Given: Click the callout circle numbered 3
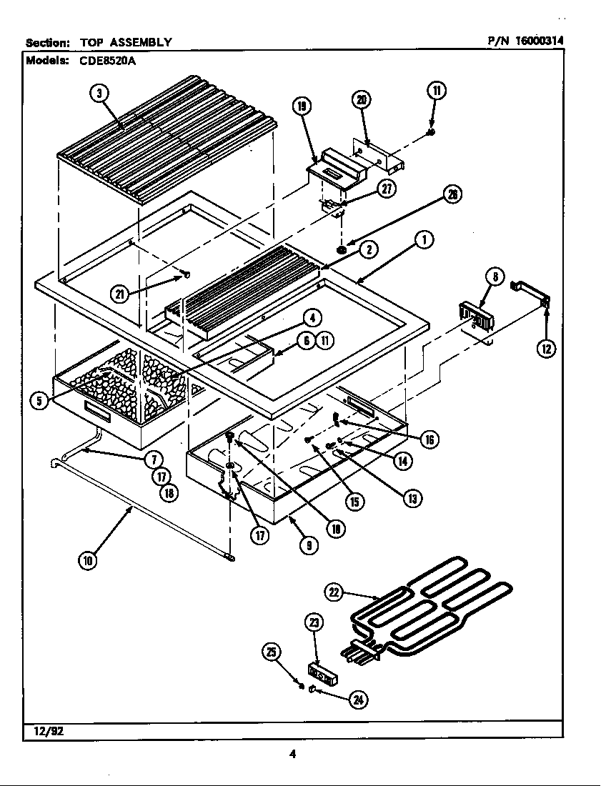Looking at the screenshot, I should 99,92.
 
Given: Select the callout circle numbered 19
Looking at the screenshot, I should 302,106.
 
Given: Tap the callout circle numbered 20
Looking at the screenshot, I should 362,100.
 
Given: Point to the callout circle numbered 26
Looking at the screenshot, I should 452,194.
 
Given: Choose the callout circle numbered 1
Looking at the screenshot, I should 424,240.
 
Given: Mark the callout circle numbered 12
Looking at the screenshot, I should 547,348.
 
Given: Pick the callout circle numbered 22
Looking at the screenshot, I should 334,591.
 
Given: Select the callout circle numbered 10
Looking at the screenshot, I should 86,561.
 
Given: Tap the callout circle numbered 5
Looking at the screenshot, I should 39,401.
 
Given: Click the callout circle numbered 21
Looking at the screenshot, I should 121,293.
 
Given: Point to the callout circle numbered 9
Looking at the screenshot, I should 308,544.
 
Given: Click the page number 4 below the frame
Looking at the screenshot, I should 292,752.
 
